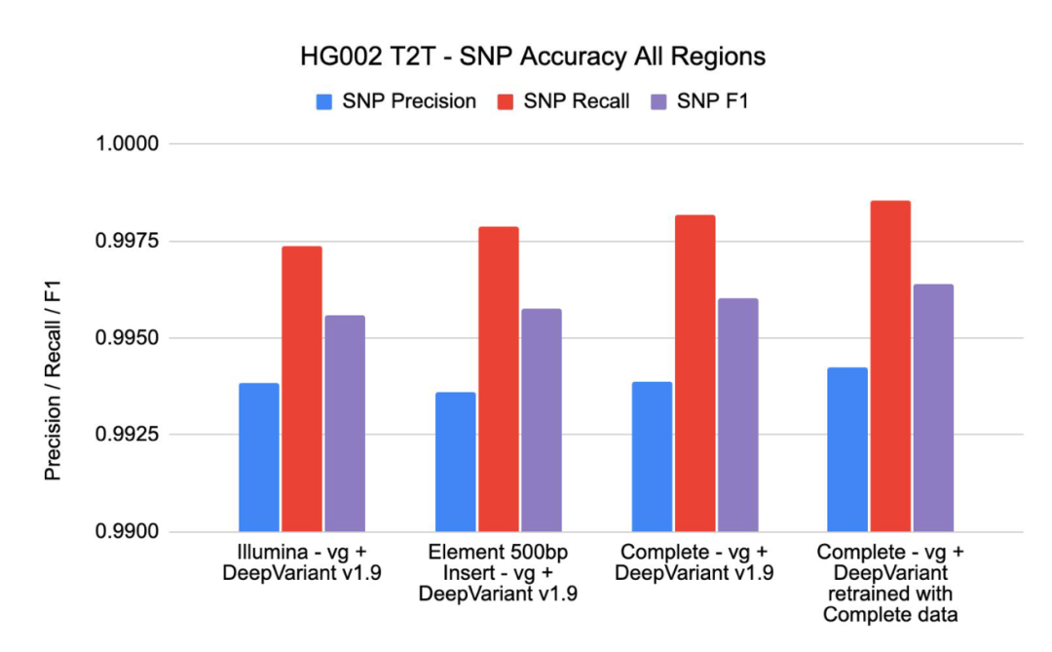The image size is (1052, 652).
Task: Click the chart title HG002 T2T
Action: [532, 57]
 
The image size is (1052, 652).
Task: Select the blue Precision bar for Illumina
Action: [259, 458]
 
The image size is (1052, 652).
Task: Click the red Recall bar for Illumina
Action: [302, 390]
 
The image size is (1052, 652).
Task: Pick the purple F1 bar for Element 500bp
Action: [541, 421]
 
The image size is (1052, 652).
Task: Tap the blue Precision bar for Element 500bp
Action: [455, 463]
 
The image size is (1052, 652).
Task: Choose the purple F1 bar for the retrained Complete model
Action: [933, 409]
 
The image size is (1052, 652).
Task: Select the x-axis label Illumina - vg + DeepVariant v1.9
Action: [302, 562]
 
